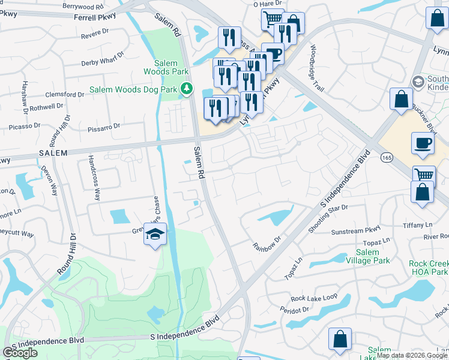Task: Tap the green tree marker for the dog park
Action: tap(187, 89)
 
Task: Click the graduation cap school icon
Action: tap(155, 235)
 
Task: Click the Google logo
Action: tap(20, 353)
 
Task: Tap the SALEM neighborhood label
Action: tap(54, 153)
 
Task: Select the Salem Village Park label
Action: tap(364, 257)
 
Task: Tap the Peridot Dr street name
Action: tap(294, 310)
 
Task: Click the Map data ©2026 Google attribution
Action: tap(412, 355)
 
